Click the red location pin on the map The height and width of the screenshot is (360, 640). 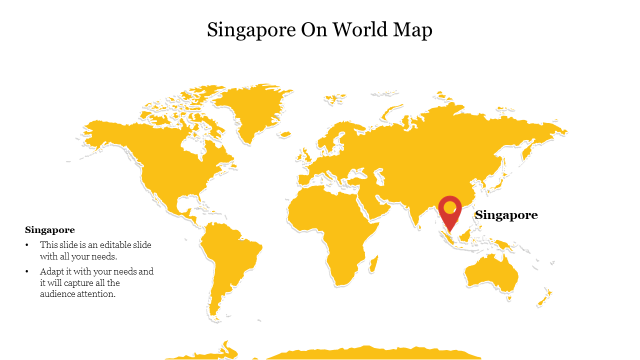450,220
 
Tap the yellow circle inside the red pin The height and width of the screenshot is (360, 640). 450,207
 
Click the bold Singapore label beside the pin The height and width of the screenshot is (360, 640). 506,215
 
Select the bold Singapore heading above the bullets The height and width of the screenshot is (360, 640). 50,230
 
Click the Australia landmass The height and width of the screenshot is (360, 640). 492,275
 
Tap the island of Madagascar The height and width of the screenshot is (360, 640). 373,263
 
